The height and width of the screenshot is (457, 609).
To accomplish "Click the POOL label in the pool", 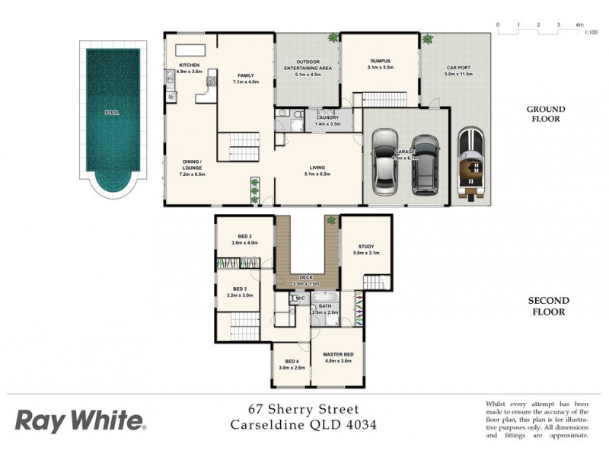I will pos(112,112).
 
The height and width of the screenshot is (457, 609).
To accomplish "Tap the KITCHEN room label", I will pos(190,66).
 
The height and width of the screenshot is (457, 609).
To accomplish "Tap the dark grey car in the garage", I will pos(425,164).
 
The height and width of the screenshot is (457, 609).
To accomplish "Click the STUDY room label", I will pos(366,247).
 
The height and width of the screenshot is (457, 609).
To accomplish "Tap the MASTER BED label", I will pos(336,355).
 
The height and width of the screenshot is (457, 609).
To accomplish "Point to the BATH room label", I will pos(326,306).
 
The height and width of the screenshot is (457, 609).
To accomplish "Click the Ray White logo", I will pos(79,420).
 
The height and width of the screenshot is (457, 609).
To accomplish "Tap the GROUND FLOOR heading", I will pos(545,114).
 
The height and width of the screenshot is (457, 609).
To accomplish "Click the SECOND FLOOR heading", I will pos(547,306).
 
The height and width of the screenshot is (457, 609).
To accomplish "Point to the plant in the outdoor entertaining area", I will pos(333,38).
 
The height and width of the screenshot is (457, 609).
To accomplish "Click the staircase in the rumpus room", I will pos(384,99).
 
